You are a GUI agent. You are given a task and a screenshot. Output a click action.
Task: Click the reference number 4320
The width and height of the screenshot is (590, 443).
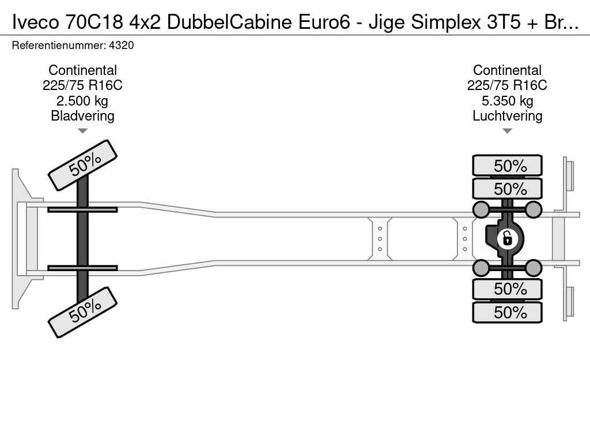point(121,45)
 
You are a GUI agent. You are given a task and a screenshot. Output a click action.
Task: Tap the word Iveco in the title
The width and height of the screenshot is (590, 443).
point(35,22)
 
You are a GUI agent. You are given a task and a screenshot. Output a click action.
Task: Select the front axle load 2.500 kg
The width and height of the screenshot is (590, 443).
point(82,100)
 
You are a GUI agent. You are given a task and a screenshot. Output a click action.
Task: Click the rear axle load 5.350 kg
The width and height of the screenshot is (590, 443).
point(507,100)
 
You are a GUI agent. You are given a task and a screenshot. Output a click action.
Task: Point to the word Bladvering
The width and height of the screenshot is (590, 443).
point(82,115)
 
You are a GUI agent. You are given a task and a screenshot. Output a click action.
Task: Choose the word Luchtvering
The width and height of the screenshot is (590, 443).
point(507,115)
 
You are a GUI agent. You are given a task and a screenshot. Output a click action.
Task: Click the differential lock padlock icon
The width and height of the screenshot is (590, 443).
point(507,239)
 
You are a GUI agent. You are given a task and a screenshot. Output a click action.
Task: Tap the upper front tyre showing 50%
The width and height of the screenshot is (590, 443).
point(83,166)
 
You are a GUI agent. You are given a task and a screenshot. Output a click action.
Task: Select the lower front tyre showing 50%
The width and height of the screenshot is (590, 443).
point(83,312)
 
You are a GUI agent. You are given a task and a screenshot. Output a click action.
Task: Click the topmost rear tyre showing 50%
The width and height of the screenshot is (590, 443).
point(507,166)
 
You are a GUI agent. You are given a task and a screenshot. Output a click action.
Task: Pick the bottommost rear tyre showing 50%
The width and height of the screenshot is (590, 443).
point(507,312)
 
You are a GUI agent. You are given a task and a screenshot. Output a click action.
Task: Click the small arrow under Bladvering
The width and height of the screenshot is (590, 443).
point(82,131)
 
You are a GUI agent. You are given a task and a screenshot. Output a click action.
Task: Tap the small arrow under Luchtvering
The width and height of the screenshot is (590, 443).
point(507,131)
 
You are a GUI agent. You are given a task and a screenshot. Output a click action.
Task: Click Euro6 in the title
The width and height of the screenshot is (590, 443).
point(324,22)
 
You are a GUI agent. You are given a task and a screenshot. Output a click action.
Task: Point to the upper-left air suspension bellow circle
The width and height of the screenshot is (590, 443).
point(481,209)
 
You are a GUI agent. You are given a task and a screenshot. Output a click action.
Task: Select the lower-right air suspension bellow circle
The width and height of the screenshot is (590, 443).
point(533,268)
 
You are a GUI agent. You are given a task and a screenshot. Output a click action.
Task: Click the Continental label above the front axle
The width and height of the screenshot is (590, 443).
point(82,70)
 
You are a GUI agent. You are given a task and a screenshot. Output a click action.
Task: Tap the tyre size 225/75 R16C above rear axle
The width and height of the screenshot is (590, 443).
point(507,85)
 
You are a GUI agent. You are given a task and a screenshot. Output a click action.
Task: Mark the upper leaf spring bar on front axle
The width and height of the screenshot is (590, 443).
point(82,210)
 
